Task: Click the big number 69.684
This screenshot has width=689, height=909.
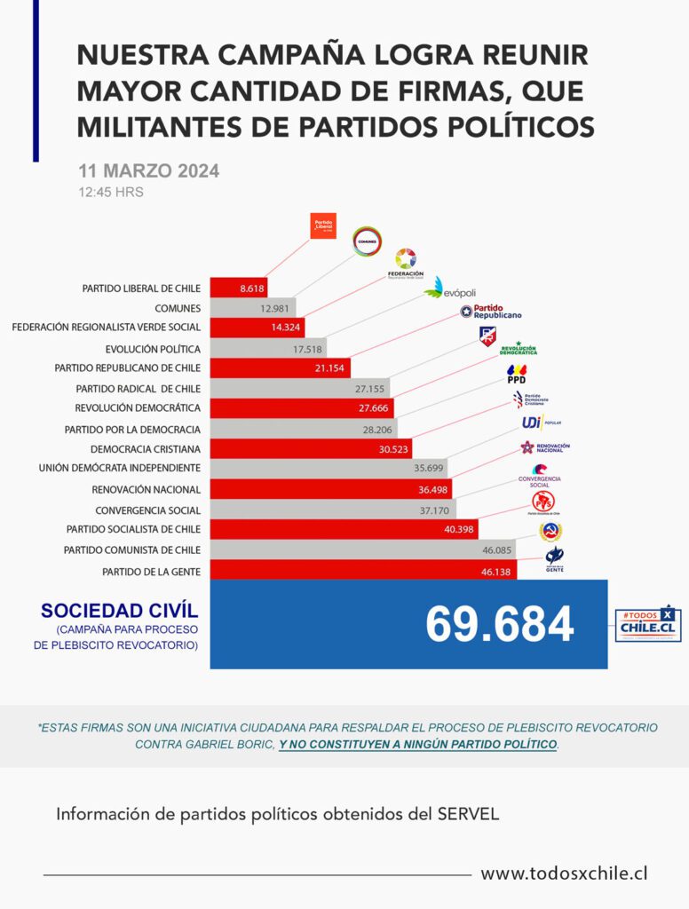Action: tap(499, 625)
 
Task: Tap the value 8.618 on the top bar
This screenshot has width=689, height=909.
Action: tap(253, 289)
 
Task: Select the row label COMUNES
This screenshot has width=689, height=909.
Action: tap(178, 308)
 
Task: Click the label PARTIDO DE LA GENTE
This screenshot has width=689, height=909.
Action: tap(151, 570)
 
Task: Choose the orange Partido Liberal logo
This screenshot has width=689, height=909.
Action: tap(323, 226)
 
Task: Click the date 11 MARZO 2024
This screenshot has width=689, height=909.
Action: tap(148, 171)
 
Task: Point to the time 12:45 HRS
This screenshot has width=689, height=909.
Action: tap(111, 192)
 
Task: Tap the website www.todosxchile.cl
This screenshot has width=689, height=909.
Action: tap(564, 873)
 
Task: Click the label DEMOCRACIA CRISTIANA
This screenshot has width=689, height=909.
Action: tap(146, 448)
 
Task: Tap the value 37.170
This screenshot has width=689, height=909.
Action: tap(433, 510)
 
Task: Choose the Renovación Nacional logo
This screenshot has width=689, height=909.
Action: tap(545, 447)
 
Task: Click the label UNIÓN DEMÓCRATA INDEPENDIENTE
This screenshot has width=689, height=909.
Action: tap(119, 468)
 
